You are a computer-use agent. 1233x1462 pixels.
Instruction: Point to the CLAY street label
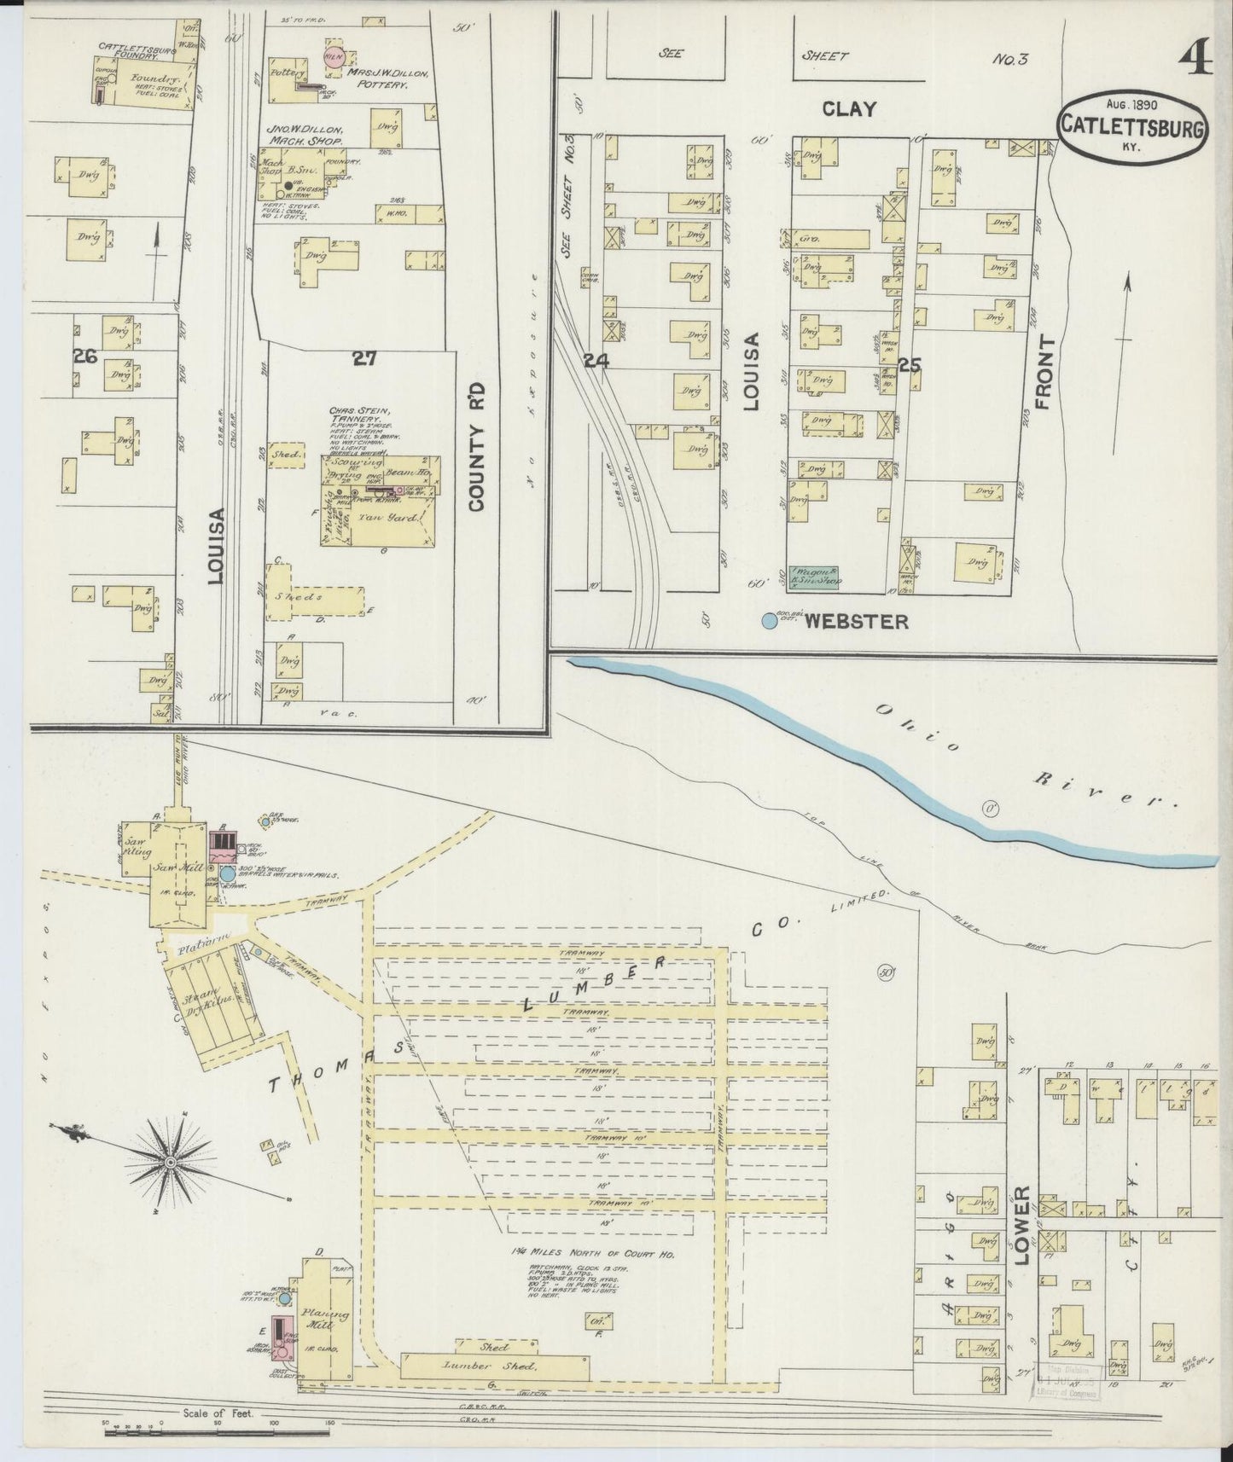point(849,108)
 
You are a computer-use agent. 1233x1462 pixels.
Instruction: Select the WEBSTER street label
point(856,622)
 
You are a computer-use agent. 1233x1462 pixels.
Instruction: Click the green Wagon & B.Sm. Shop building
point(815,578)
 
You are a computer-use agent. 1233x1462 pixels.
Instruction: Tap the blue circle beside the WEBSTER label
point(770,622)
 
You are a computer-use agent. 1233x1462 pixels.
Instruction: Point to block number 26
point(85,356)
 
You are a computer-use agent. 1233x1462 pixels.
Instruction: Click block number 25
point(910,366)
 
